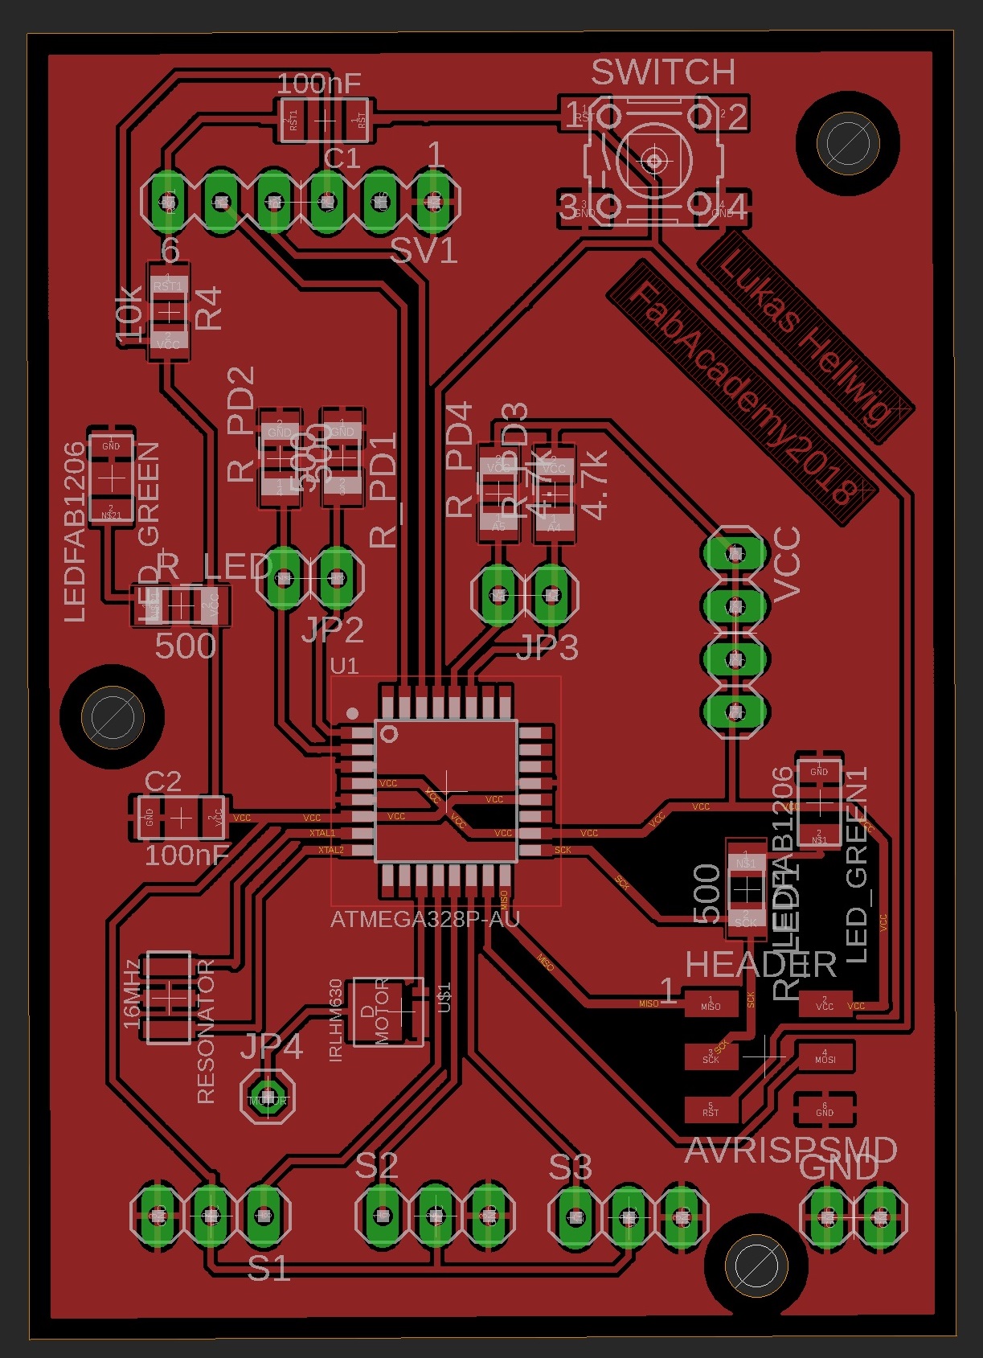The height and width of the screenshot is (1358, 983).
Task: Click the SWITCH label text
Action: [663, 72]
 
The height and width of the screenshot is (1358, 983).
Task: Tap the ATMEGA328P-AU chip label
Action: [425, 919]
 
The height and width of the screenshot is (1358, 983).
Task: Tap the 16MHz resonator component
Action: [169, 997]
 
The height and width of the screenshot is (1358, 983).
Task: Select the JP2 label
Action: [333, 630]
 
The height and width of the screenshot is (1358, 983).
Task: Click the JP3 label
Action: [547, 647]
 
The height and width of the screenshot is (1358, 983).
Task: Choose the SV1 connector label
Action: [424, 252]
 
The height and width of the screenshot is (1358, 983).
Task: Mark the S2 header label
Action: [376, 1165]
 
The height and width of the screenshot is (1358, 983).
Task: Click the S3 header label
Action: [571, 1167]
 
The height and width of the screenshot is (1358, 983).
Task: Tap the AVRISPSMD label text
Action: [791, 1151]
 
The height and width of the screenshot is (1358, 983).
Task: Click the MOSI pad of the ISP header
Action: [825, 1055]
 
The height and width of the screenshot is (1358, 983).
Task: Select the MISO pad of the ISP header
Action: [711, 1003]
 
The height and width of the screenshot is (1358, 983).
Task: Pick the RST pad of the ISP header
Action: [711, 1110]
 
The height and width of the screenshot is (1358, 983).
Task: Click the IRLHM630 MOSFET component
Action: [388, 1011]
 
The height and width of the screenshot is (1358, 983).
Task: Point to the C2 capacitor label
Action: [162, 782]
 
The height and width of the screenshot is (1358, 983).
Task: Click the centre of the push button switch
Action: [654, 162]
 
